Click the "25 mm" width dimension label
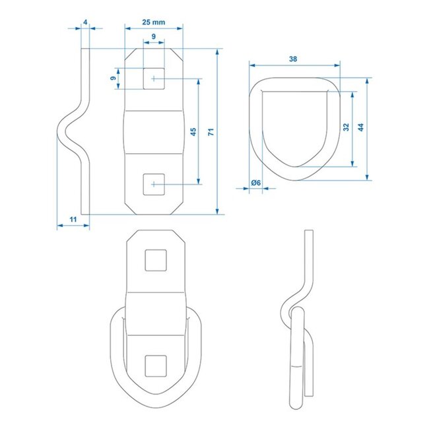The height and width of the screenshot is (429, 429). point(153,22)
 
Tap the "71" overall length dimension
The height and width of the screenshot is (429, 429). point(211,132)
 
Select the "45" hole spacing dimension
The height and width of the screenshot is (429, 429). point(192,132)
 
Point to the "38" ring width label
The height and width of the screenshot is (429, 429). point(293,59)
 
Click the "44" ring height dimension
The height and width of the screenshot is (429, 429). point(360,127)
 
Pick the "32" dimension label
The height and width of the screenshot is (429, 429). point(345,127)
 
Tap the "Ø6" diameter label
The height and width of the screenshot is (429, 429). point(256,183)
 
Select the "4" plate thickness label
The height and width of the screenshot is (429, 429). point(86,22)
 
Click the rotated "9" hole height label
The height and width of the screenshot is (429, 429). point(113,79)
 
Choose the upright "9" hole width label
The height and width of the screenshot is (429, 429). point(153,37)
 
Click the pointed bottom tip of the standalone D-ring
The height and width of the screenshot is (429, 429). point(295,166)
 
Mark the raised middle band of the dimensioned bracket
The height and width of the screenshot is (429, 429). point(153,131)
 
